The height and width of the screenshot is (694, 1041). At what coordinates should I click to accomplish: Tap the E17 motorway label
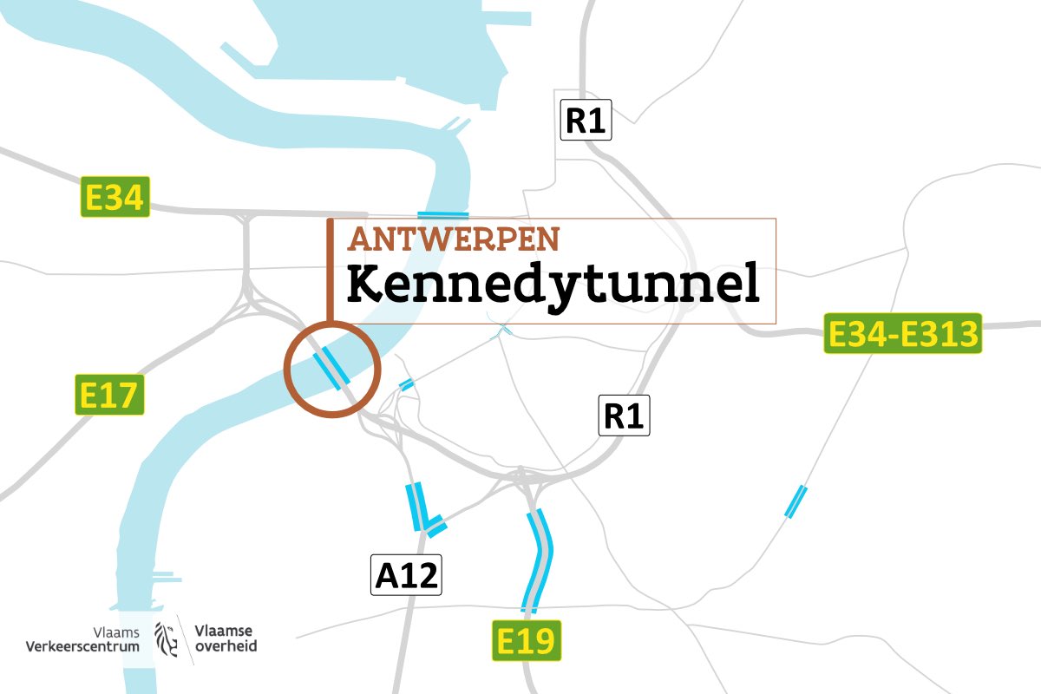pos(108,396)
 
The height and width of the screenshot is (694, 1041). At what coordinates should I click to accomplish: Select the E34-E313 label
pos(903,333)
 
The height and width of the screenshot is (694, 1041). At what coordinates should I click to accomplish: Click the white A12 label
pos(407,575)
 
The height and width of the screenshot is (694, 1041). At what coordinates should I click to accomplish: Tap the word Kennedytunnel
pos(553,285)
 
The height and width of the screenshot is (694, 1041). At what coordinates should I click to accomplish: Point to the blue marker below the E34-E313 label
pos(795,501)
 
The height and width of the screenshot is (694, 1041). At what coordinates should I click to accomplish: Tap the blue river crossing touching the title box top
pos(442,213)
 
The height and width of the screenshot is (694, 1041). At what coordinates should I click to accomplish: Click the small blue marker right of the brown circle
pos(405,384)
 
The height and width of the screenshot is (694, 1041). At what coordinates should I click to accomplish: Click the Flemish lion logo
pos(167,637)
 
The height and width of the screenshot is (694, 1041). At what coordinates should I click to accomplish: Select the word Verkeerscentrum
pos(82,646)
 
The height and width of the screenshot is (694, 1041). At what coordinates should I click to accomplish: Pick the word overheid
pos(226,646)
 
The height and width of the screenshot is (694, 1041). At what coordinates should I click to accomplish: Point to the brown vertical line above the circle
pos(330,269)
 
